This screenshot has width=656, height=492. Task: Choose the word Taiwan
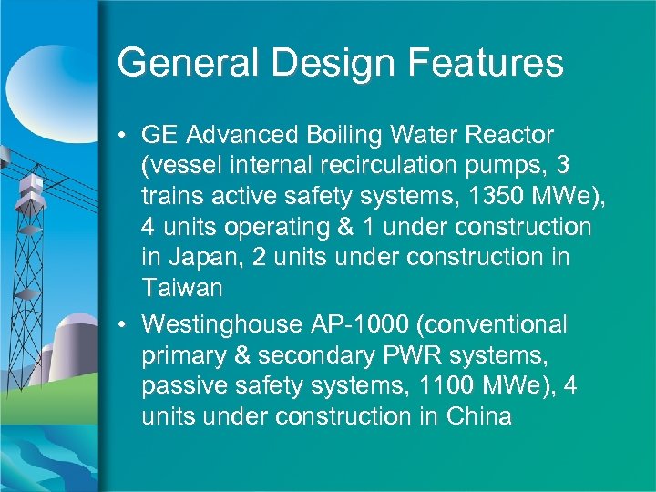182,289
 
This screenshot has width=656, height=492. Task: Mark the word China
479,417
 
